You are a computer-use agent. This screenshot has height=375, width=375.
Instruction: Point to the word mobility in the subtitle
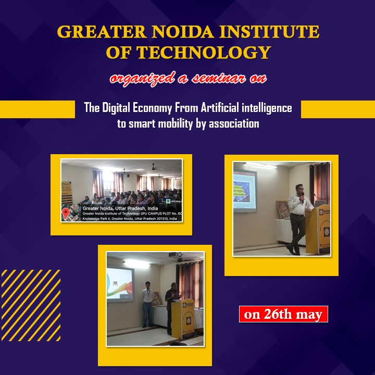pos(171,124)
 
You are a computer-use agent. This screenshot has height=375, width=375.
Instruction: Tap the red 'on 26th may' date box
pos(283,315)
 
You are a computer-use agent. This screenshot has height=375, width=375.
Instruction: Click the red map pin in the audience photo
pos(66,213)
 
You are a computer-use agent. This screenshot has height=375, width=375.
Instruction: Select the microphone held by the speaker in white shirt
pos(303,195)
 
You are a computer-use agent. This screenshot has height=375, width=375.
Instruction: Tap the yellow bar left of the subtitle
pos(37,109)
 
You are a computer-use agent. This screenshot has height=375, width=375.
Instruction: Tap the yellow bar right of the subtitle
pos(337,109)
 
